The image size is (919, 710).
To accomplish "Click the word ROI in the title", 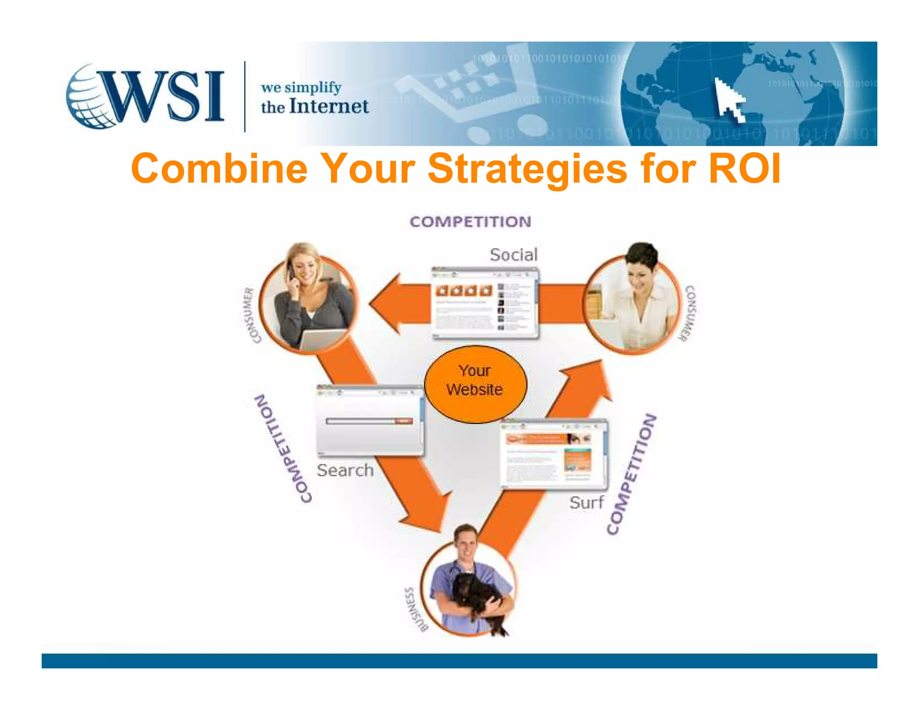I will click(x=745, y=168).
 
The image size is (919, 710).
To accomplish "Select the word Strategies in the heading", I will click(x=527, y=169).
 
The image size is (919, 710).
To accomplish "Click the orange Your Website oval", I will click(x=475, y=384).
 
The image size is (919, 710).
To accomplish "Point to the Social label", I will click(x=513, y=255).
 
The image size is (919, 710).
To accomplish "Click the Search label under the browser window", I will click(x=345, y=470).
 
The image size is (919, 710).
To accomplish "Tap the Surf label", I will click(x=586, y=502).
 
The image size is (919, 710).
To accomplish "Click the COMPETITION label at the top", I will click(x=470, y=222).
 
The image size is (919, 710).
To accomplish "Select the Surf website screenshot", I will click(x=554, y=453).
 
